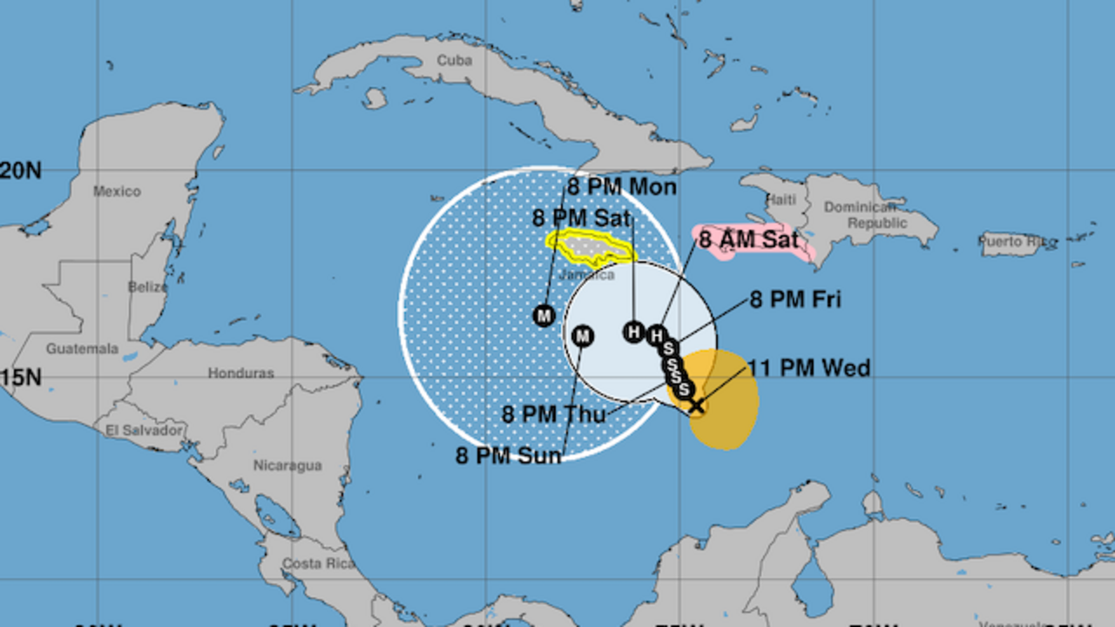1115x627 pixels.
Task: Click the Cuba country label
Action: tap(455, 61)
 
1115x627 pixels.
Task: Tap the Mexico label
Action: tap(117, 192)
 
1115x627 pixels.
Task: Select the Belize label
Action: tap(147, 287)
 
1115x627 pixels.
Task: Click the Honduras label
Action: tap(240, 373)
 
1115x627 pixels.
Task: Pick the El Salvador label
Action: tap(145, 430)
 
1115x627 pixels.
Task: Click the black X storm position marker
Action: tap(696, 405)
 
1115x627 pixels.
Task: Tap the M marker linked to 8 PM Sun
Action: tap(583, 335)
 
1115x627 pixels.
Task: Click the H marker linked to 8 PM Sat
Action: tap(633, 332)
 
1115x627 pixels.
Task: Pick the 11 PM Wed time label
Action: tap(809, 368)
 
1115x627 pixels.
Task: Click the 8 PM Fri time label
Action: tap(795, 300)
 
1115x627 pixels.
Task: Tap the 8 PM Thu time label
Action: tap(553, 415)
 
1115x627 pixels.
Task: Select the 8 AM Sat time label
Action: tap(749, 239)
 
